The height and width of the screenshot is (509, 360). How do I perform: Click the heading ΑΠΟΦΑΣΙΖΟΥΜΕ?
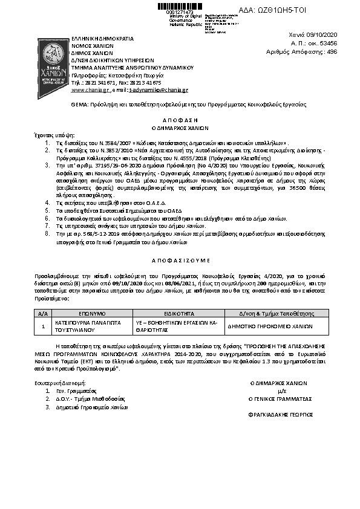coord(180,258)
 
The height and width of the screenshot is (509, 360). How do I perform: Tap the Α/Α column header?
coord(42,314)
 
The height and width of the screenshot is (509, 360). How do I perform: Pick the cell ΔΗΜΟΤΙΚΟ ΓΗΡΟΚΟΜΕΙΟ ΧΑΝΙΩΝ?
coord(270,325)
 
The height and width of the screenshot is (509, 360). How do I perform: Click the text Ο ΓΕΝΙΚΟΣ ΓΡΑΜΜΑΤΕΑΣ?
coord(280,399)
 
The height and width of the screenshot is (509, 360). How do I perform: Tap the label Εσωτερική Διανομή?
coord(60,383)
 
